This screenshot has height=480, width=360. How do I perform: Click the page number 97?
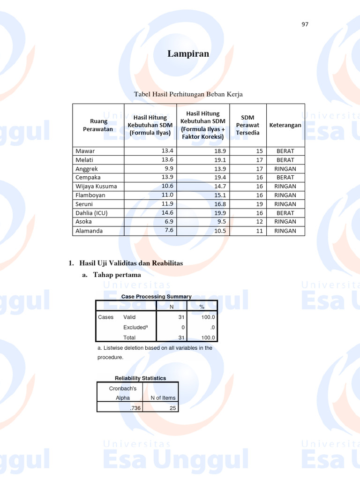pyautogui.click(x=305, y=24)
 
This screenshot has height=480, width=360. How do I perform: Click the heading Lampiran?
pyautogui.click(x=188, y=54)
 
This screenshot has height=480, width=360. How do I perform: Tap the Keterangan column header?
pyautogui.click(x=285, y=125)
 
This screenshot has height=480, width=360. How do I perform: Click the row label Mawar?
pyautogui.click(x=85, y=151)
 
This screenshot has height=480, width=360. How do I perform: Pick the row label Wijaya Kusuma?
pyautogui.click(x=97, y=186)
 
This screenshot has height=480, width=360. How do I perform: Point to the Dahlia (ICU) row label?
pyautogui.click(x=91, y=213)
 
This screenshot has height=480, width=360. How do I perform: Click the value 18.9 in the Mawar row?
pyautogui.click(x=220, y=151)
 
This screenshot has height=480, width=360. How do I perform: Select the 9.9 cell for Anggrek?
pyautogui.click(x=167, y=168)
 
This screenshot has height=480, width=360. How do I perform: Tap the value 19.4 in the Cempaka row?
pyautogui.click(x=220, y=178)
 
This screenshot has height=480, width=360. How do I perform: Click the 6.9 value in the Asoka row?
pyautogui.click(x=167, y=221)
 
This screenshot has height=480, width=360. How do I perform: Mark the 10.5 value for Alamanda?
pyautogui.click(x=220, y=231)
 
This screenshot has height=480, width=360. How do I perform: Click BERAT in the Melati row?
pyautogui.click(x=285, y=160)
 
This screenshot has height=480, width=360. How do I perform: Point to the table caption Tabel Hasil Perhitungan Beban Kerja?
pyautogui.click(x=188, y=95)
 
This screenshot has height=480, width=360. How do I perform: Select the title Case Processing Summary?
pyautogui.click(x=157, y=297)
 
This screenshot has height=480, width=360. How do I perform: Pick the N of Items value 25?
pyautogui.click(x=172, y=408)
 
